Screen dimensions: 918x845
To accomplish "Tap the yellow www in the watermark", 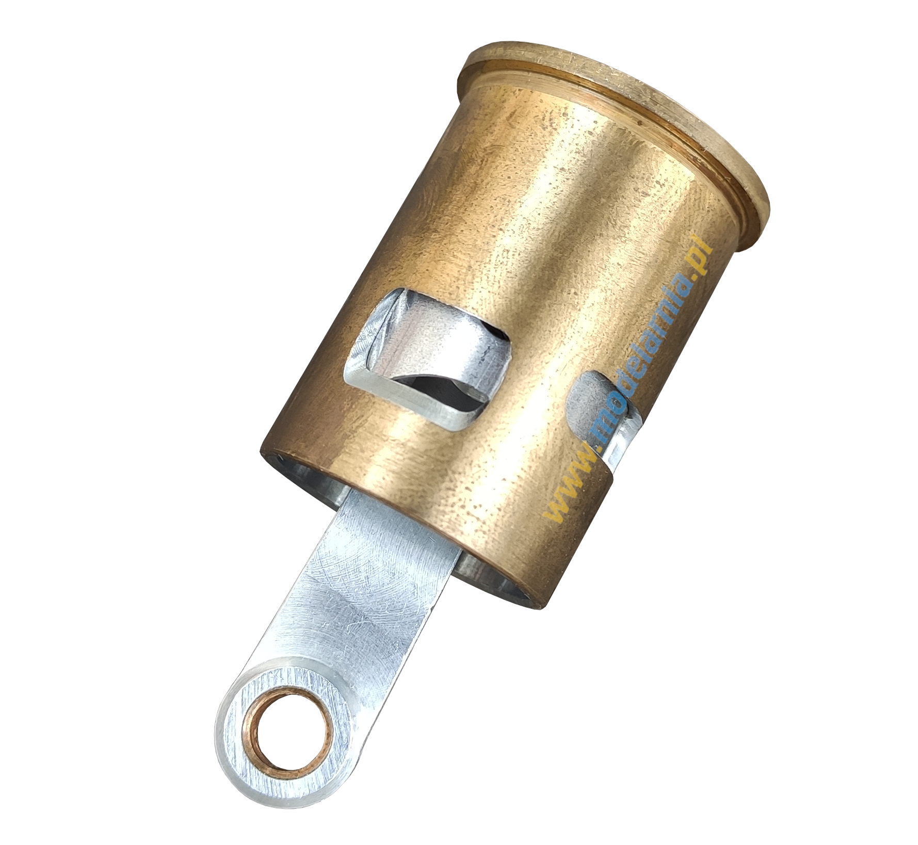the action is (575, 495).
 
